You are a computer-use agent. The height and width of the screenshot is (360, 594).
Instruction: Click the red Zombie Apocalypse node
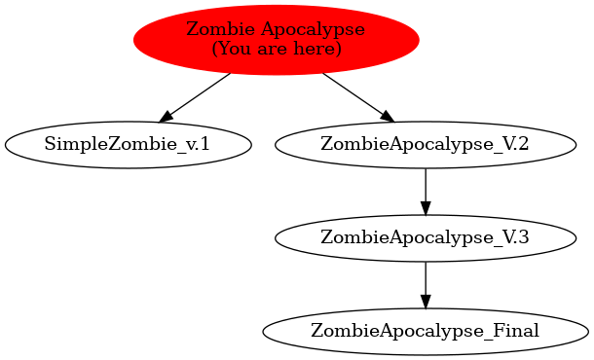[x=276, y=40]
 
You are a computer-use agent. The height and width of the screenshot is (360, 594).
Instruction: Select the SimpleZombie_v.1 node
[x=128, y=145]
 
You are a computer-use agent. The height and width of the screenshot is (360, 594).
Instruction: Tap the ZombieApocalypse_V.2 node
[x=425, y=145]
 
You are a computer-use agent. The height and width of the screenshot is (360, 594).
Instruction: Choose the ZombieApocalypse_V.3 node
[x=425, y=237]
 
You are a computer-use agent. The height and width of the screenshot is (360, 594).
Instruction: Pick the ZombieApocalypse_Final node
[x=425, y=330]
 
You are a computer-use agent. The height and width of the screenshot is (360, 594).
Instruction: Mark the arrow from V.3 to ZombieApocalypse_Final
[x=425, y=283]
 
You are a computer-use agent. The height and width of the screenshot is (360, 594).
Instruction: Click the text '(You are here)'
[x=276, y=49]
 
